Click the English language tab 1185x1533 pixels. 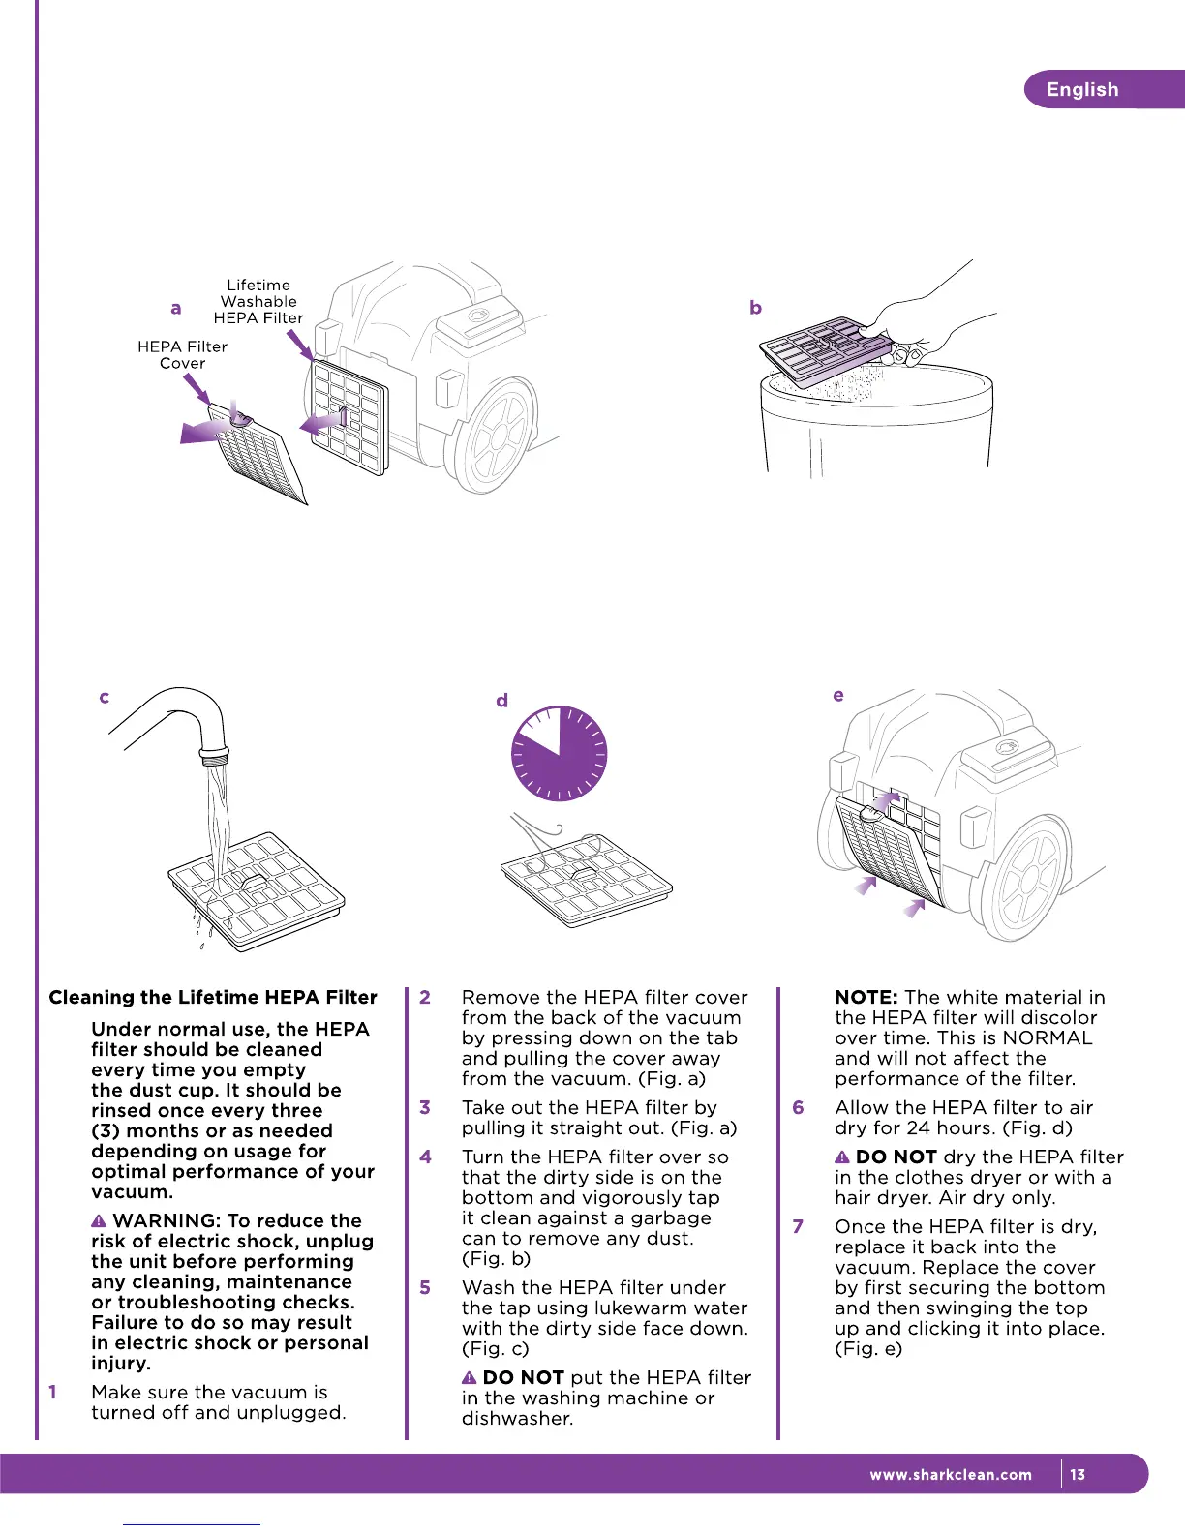[1082, 89]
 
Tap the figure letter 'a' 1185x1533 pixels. [175, 308]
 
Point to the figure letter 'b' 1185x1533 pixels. [755, 308]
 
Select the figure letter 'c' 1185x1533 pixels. [104, 697]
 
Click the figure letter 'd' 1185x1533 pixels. [501, 700]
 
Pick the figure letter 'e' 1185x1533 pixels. [837, 695]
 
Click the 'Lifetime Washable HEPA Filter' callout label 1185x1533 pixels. [258, 301]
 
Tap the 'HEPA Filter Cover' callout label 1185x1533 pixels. [182, 354]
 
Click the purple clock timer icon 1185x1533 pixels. [559, 754]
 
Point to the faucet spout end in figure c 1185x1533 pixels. [214, 752]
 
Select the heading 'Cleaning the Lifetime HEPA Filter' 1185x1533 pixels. [213, 997]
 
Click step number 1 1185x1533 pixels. [52, 1392]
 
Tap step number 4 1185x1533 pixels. [425, 1157]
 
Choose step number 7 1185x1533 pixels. [798, 1226]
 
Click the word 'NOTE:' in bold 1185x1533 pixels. [866, 997]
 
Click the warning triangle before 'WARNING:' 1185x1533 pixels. [99, 1221]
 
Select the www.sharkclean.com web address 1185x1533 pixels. [951, 1475]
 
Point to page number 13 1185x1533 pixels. [1078, 1475]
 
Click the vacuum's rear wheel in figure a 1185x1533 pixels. [495, 432]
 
